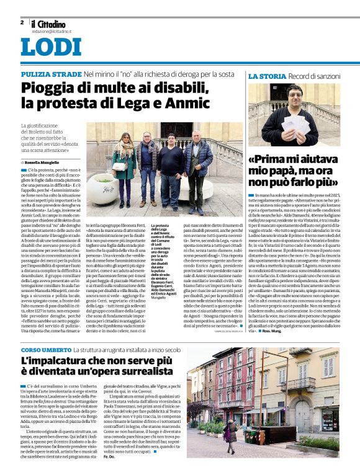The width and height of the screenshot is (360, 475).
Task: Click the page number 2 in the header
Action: click(22, 22)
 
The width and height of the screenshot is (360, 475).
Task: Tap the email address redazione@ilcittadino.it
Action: click(52, 30)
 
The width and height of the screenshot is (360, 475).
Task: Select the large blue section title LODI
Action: click(50, 48)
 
